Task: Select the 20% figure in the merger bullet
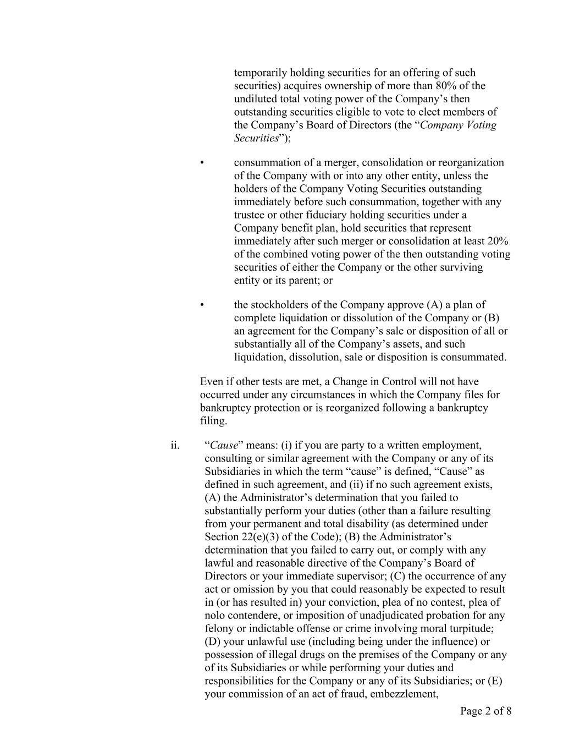[498, 241]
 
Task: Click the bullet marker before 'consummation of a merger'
[202, 163]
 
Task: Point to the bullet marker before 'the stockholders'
[202, 305]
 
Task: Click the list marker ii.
[175, 445]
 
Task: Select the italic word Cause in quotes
[224, 445]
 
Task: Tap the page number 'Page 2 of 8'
[485, 711]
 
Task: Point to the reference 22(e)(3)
[264, 537]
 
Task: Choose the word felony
[219, 628]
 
